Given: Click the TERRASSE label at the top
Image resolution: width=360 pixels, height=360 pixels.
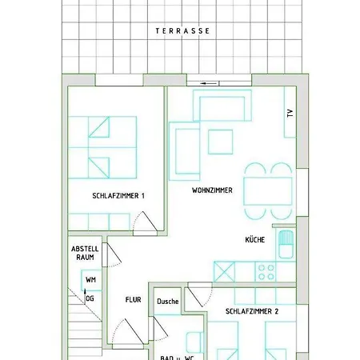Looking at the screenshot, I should (182, 31).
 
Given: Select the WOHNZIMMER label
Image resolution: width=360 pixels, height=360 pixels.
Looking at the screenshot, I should (212, 191).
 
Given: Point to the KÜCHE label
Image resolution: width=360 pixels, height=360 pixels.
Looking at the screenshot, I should (255, 240).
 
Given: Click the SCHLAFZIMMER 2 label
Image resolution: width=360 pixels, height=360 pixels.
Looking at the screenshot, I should (252, 312).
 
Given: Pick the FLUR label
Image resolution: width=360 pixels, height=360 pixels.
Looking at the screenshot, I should (133, 300).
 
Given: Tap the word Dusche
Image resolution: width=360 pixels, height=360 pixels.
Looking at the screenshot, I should (168, 302).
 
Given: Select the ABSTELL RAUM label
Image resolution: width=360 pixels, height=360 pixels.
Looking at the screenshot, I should (86, 253).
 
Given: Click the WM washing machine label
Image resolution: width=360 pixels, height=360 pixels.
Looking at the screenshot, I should (91, 280).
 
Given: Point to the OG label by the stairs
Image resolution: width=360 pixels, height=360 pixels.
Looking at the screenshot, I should (90, 298).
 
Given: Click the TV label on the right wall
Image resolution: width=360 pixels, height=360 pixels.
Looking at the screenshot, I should (290, 113).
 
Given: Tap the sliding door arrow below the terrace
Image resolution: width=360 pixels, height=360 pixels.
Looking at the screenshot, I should (210, 82).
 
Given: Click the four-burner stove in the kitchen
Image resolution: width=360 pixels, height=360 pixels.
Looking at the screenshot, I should (266, 271).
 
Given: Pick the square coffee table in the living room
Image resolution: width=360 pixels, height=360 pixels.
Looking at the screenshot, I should (220, 141).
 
